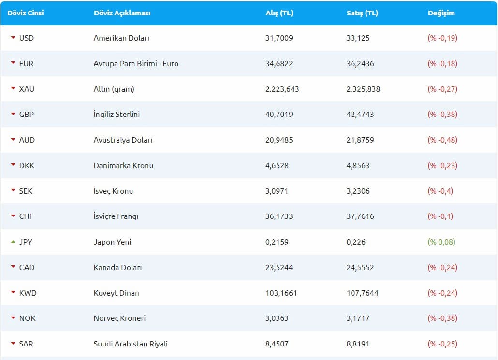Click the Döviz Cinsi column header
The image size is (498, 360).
(x=26, y=13)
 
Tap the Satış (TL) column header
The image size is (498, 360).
(x=362, y=13)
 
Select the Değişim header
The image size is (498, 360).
(x=441, y=13)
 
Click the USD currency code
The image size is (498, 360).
(x=27, y=38)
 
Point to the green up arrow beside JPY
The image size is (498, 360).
(x=13, y=242)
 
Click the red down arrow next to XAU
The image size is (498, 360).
(x=13, y=89)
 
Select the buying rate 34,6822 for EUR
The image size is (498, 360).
(x=279, y=63)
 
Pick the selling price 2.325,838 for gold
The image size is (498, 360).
(x=363, y=89)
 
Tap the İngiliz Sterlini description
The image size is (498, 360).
(x=117, y=115)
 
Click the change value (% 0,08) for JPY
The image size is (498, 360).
(x=441, y=242)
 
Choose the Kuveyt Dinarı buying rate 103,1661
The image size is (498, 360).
(x=281, y=293)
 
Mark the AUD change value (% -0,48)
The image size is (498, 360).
(x=442, y=140)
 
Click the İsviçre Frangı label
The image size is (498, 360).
(x=116, y=216)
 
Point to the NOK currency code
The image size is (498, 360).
(x=28, y=318)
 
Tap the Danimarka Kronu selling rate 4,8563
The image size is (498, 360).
(x=358, y=165)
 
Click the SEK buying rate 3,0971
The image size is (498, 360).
(x=277, y=191)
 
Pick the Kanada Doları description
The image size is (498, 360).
(x=117, y=267)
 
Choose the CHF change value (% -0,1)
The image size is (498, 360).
(x=440, y=216)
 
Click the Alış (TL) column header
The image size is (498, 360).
(x=279, y=13)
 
